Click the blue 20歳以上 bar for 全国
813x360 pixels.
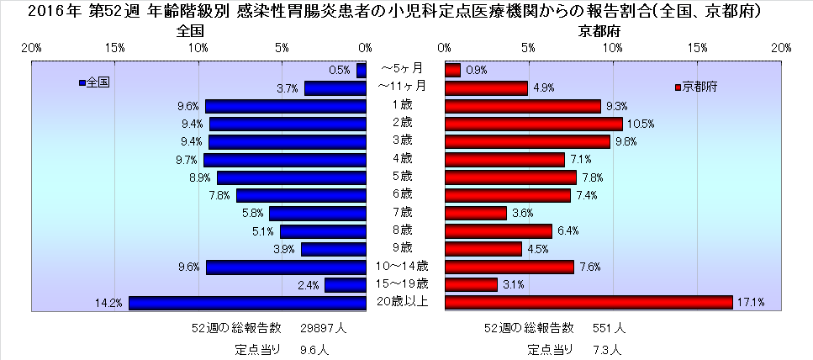[x=247, y=303]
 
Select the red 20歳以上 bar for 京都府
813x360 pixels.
[x=589, y=303]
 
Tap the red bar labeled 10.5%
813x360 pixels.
[x=534, y=124]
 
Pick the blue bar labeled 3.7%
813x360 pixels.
[x=335, y=88]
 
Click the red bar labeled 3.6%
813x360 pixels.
[x=476, y=214]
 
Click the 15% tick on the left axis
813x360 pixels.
[x=115, y=48]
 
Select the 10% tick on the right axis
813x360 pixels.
[x=613, y=48]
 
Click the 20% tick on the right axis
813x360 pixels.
[x=781, y=48]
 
